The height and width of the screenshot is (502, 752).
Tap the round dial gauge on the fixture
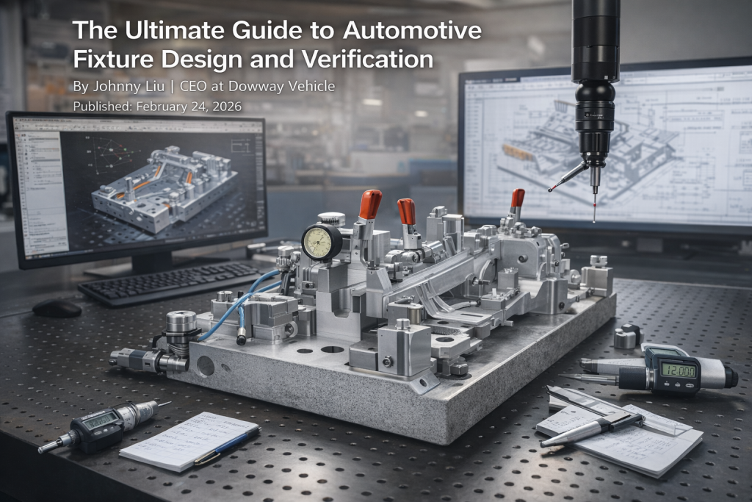tap(321, 241)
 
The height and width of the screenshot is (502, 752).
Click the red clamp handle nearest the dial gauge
tap(369, 204)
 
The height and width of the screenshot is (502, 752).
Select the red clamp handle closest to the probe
tap(517, 198)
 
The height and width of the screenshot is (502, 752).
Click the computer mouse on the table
tap(57, 308)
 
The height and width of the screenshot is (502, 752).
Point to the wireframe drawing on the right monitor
tap(587, 147)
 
